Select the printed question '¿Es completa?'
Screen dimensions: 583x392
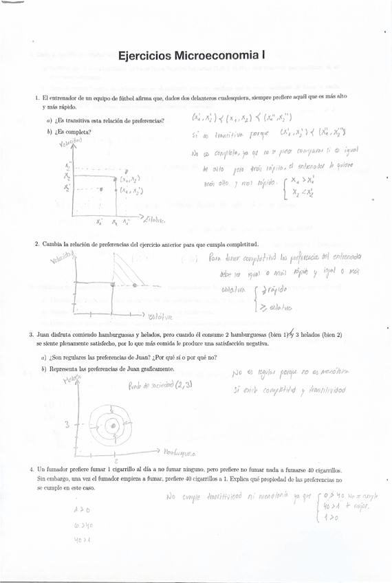pos(74,131)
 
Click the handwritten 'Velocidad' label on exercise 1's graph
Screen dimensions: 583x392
pos(70,142)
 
